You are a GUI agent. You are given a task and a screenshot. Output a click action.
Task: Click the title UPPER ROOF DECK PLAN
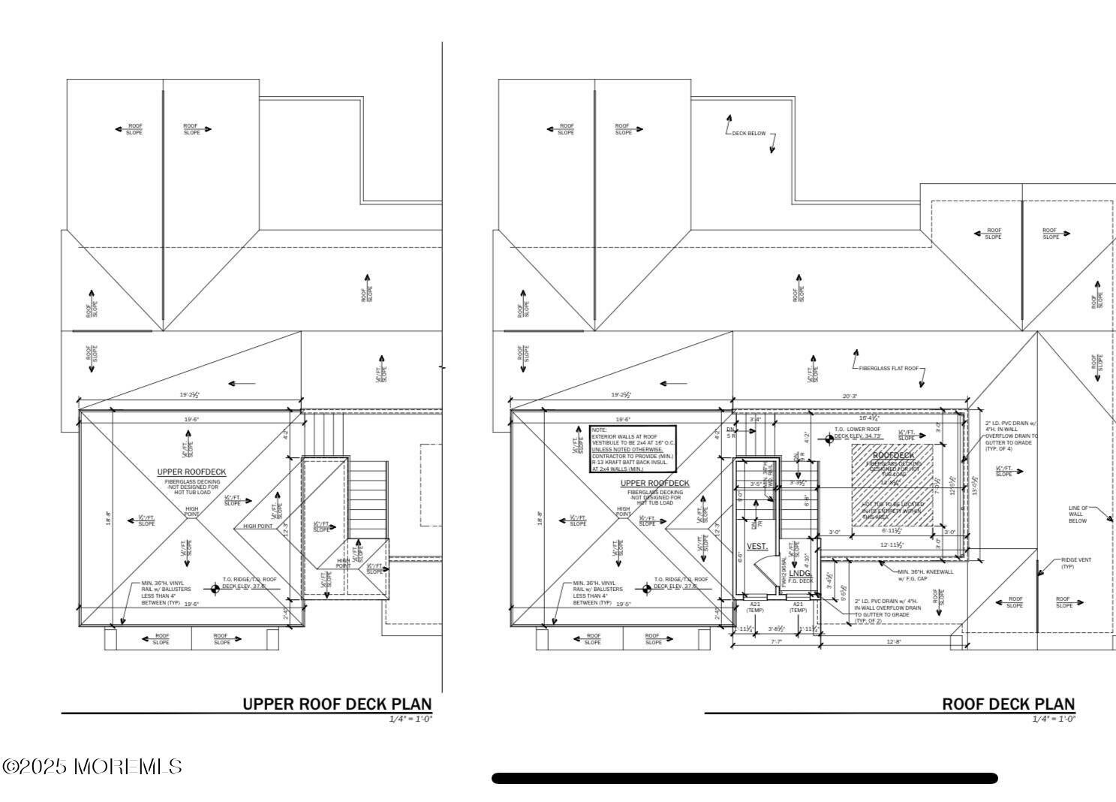337,704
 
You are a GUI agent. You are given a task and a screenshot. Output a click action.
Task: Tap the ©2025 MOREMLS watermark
92,767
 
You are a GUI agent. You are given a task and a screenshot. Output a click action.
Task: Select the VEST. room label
757,546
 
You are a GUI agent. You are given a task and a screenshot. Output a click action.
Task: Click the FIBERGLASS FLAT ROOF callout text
889,369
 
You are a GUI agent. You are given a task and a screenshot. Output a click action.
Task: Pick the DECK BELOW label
749,134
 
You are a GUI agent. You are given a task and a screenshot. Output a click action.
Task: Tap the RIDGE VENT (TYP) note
1076,563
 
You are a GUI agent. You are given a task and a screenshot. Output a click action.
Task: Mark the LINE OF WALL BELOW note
1078,514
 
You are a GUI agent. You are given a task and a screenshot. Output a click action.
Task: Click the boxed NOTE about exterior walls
633,449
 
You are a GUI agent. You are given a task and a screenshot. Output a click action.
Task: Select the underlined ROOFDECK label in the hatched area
893,455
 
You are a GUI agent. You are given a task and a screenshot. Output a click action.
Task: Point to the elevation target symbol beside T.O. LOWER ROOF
829,439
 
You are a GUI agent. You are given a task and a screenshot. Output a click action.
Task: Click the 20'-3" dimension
850,396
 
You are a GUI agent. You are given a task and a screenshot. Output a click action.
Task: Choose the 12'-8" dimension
892,641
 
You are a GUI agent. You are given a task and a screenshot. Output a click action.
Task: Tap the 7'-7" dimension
776,641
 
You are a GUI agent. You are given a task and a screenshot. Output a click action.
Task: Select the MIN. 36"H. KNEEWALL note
925,574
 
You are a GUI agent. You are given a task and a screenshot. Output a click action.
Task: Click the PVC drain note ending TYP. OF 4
1011,436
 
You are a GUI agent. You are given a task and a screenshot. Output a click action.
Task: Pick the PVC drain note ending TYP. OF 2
887,611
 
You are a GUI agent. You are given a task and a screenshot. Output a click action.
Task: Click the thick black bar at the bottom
745,779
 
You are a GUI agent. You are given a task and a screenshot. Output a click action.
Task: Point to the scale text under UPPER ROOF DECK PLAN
411,719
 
